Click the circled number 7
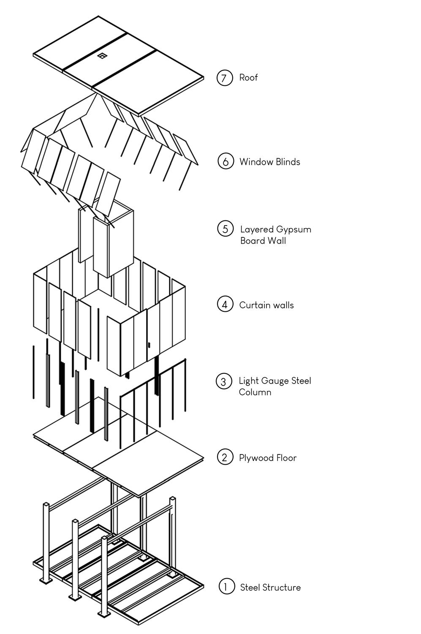click(x=225, y=78)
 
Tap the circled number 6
click(x=225, y=161)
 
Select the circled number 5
click(x=225, y=229)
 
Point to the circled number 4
click(x=225, y=304)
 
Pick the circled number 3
click(x=224, y=381)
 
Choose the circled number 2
click(x=225, y=457)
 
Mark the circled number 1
click(x=226, y=586)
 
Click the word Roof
click(x=248, y=78)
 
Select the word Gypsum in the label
click(x=294, y=230)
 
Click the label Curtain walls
click(x=266, y=305)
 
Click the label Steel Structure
click(x=270, y=587)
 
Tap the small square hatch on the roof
click(x=102, y=56)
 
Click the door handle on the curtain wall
click(x=149, y=346)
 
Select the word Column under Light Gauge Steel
click(x=255, y=392)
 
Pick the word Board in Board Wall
click(x=252, y=241)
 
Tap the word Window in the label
click(x=255, y=162)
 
